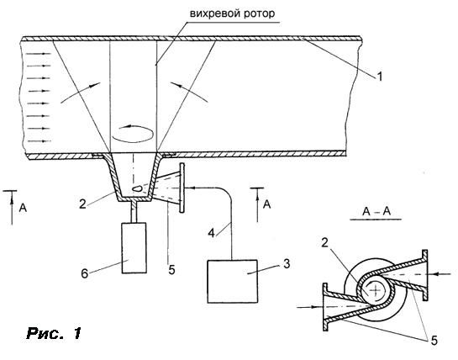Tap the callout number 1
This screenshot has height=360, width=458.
379,77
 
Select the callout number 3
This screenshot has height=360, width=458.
287,263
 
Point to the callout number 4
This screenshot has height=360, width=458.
212,233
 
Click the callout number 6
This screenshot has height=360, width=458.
84,274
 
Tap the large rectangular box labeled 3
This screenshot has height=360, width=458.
233,281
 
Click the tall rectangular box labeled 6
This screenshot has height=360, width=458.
134,248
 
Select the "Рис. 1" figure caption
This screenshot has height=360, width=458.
54,333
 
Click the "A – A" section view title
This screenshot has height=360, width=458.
376,211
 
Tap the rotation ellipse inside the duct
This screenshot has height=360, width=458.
133,134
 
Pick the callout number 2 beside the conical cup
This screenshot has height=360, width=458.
82,204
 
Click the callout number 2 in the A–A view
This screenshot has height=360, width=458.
325,242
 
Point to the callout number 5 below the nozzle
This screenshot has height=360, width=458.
171,270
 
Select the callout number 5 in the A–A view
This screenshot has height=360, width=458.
434,341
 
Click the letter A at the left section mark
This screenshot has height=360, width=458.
23,208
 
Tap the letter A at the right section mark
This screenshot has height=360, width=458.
266,204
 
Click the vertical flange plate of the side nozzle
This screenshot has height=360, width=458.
182,188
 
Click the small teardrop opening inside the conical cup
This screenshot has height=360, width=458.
137,188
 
